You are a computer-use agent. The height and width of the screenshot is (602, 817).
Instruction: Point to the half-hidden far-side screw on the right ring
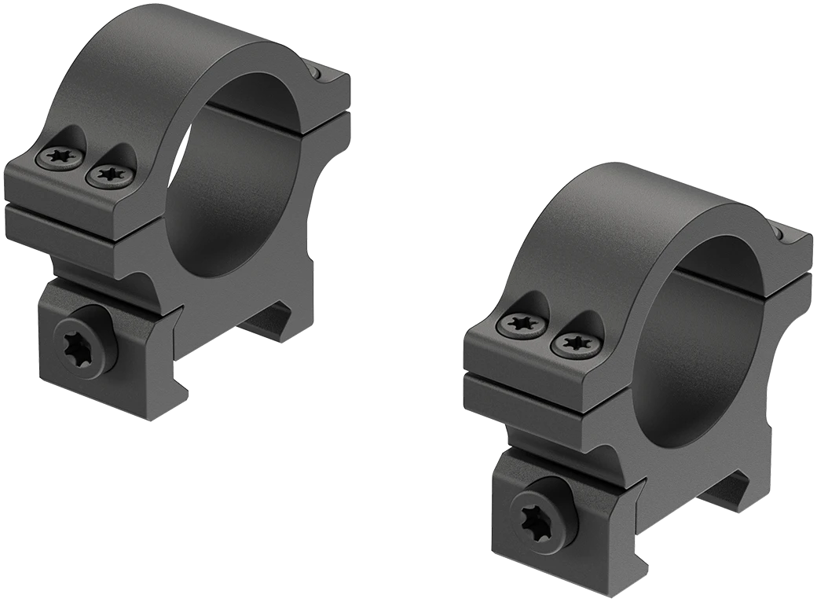(779, 234)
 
